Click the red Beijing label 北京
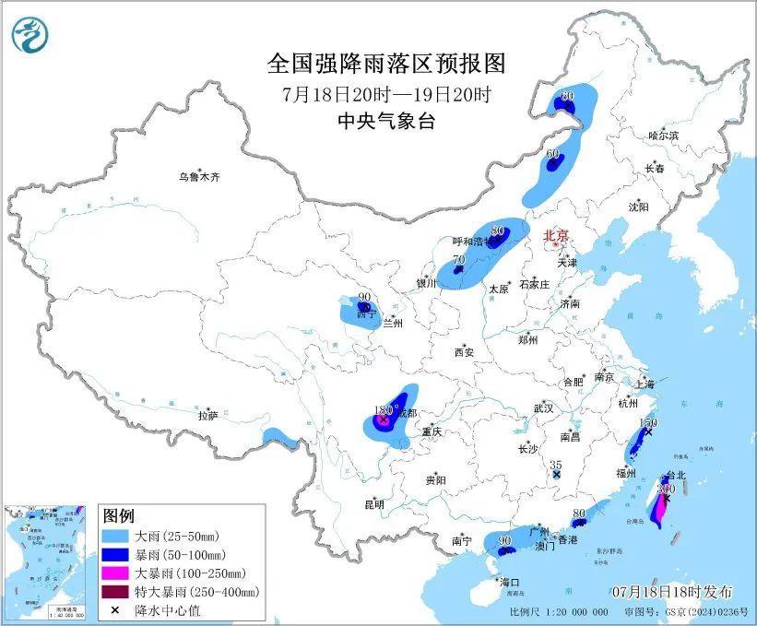[x=557, y=236]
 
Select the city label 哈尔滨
[x=663, y=136]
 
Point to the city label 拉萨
[x=207, y=416]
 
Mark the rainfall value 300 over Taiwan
[x=667, y=490]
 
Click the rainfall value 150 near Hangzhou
[x=648, y=422]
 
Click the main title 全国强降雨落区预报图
[x=386, y=64]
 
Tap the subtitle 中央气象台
[x=386, y=121]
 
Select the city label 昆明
[x=373, y=504]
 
